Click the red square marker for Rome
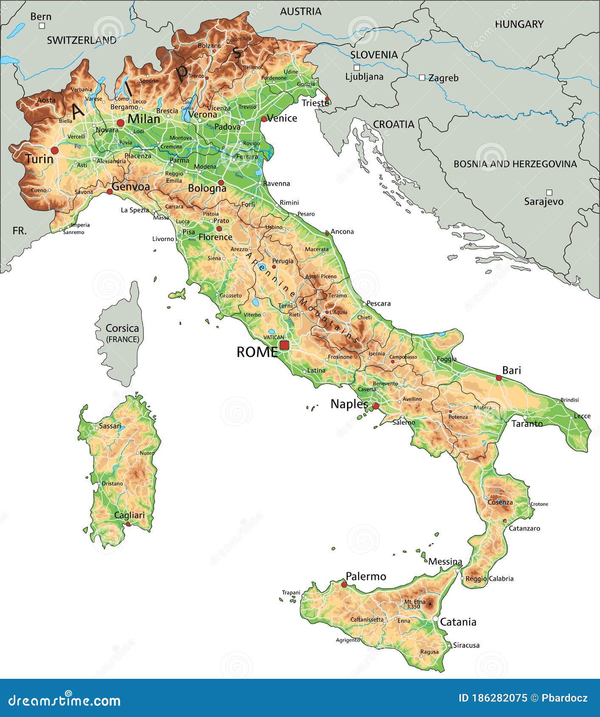click(284, 345)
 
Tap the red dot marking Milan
click(121, 123)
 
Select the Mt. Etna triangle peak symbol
click(430, 602)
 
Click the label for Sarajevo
click(544, 202)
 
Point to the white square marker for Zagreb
click(422, 78)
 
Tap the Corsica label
click(122, 328)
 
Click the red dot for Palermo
click(344, 585)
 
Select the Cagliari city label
click(129, 515)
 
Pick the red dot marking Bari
click(499, 378)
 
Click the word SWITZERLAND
click(82, 40)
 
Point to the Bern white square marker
click(42, 26)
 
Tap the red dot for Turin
click(54, 150)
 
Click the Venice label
click(282, 118)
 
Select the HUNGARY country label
click(519, 24)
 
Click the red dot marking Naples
click(375, 406)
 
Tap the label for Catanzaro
click(524, 528)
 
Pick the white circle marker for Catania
click(435, 619)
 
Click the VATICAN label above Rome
click(273, 337)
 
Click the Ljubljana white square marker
click(357, 67)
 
